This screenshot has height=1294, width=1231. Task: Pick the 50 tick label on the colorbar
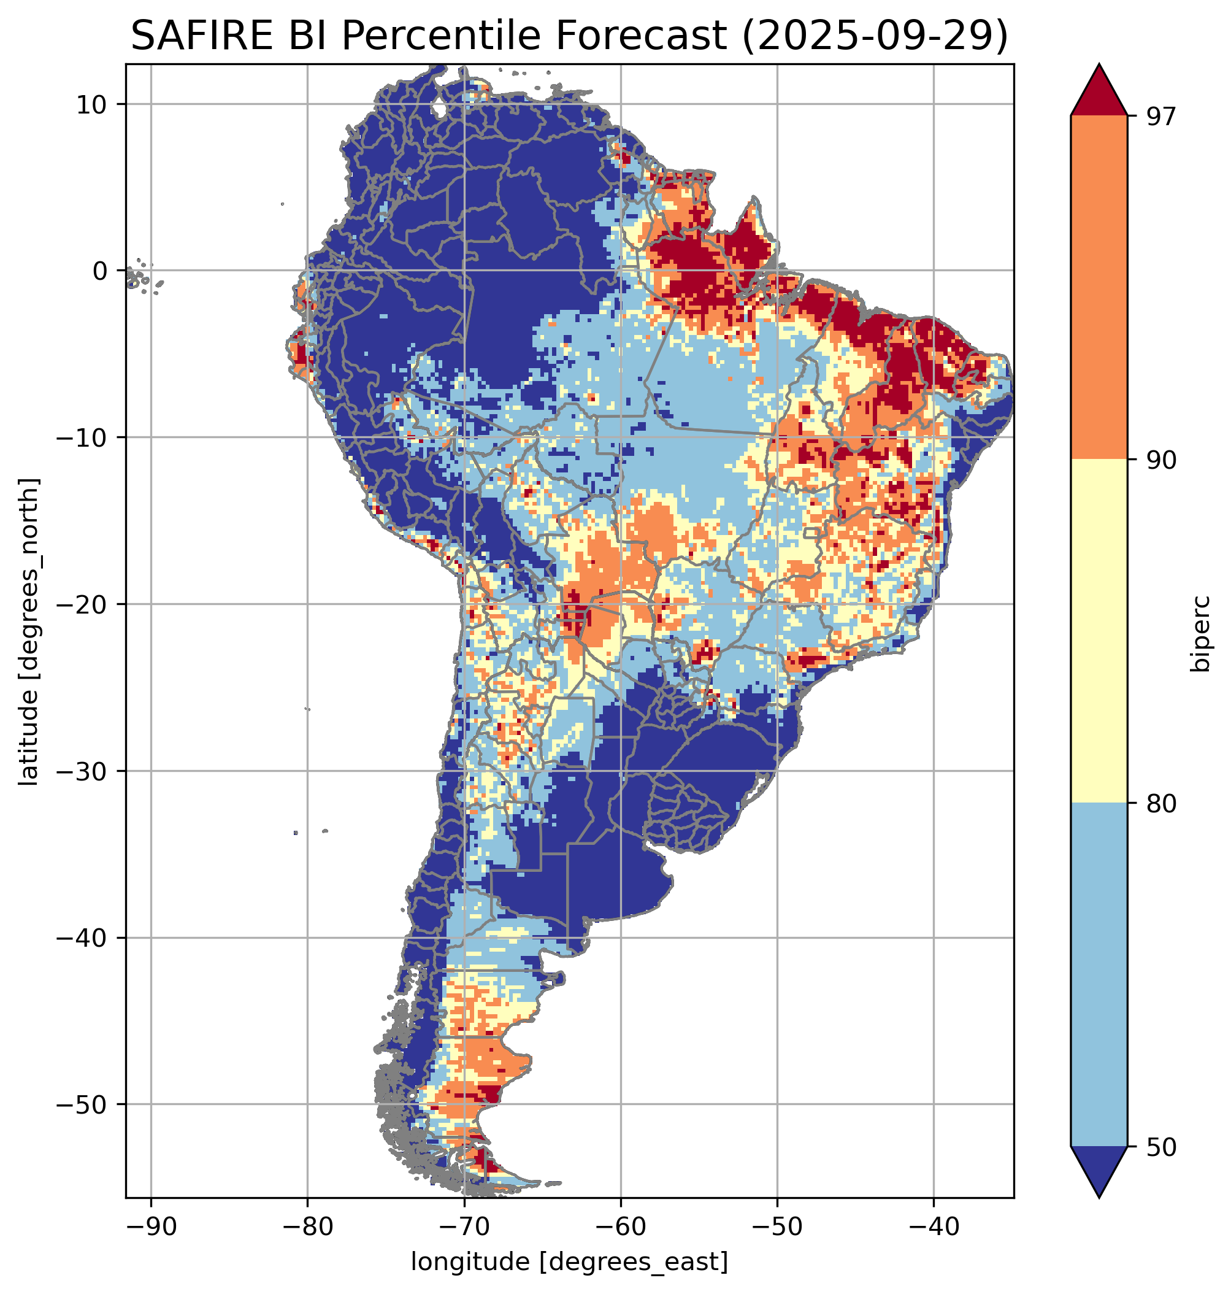[x=1160, y=1147]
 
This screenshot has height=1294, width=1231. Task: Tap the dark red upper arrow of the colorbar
[x=1099, y=92]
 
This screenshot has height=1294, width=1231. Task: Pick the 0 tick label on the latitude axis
[x=100, y=271]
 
